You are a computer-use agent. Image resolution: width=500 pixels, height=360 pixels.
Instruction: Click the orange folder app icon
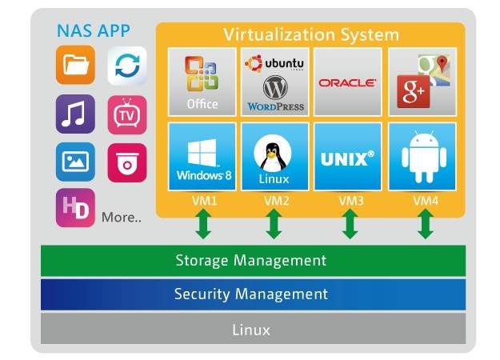[75, 66]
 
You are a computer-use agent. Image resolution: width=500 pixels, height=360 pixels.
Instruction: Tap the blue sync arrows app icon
[126, 66]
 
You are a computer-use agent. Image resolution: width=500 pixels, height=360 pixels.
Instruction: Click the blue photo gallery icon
[75, 162]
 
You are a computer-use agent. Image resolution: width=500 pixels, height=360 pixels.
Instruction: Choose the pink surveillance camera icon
[126, 162]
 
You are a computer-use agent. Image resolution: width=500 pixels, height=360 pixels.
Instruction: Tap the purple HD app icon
[75, 209]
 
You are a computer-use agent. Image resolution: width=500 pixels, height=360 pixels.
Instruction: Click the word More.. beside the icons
[122, 217]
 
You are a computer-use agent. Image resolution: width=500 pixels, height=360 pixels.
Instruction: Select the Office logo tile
[202, 81]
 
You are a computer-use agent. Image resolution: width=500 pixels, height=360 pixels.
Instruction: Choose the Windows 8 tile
[202, 157]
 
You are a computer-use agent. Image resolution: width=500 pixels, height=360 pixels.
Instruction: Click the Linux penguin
[274, 151]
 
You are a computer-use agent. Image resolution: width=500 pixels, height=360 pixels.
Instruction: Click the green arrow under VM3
[350, 225]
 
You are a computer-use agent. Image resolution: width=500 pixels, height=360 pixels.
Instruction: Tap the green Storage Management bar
[251, 261]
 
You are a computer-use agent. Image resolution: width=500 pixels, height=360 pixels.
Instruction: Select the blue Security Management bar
[251, 294]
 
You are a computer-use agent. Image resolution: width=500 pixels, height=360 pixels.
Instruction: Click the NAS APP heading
[93, 32]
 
